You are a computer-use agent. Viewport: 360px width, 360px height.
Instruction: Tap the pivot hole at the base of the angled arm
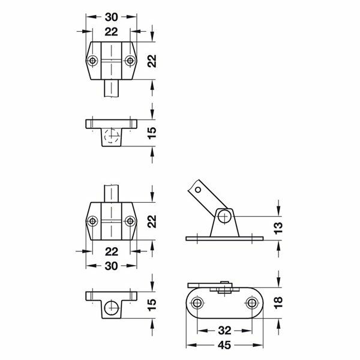224,215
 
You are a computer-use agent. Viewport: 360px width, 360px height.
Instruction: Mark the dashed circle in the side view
110,136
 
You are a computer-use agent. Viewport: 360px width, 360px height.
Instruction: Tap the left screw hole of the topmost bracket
92,61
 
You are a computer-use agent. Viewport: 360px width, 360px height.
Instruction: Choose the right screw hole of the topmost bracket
129,61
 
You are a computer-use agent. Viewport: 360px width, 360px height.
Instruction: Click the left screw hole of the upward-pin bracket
92,221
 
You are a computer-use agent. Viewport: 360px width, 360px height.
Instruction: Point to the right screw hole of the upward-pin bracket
129,221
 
